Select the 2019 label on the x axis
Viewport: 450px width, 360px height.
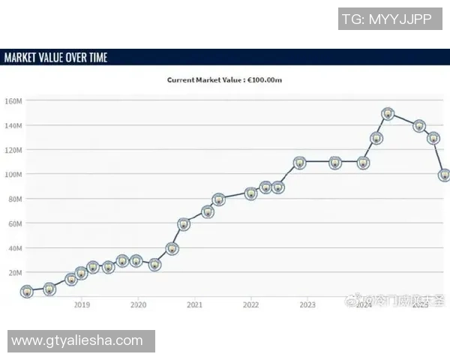pos(82,305)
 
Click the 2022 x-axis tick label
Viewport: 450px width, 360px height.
pos(250,305)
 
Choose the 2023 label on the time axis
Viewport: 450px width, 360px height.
pos(307,305)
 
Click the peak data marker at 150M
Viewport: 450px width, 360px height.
pos(388,114)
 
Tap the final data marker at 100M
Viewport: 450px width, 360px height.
pos(444,175)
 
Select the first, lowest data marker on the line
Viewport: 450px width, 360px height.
pos(27,291)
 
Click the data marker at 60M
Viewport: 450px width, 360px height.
pos(184,224)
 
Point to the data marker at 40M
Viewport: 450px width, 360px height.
pos(172,248)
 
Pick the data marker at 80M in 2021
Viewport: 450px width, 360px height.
pos(218,199)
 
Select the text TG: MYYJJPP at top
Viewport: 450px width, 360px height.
pos(385,19)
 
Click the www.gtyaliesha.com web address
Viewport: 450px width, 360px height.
pos(76,340)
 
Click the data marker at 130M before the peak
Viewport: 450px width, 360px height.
pos(376,138)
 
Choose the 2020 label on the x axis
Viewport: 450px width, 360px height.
pos(138,305)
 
